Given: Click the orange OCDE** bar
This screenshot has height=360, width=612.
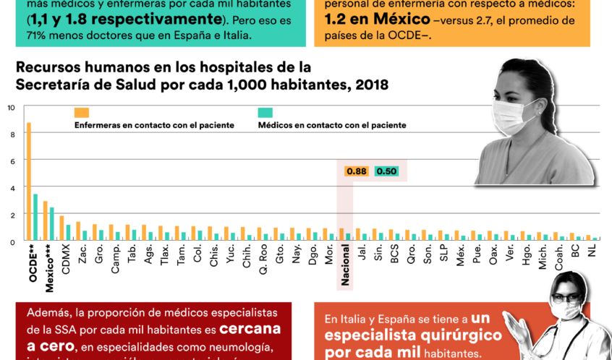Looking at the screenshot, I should click(x=29, y=181).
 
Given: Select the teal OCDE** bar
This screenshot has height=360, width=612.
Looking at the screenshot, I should click(x=35, y=217).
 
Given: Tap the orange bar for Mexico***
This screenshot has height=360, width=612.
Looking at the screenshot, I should click(x=46, y=220).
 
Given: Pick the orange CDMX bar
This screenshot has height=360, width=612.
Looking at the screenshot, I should click(x=62, y=228).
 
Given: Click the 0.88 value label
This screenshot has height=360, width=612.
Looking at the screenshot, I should click(x=357, y=171).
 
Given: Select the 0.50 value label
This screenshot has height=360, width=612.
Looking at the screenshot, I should click(x=387, y=171).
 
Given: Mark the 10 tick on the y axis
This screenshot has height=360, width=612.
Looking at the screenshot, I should click(x=10, y=108).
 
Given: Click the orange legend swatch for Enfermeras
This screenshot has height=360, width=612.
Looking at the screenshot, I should click(x=81, y=113).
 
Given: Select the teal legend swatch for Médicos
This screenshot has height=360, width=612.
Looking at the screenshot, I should click(x=265, y=113).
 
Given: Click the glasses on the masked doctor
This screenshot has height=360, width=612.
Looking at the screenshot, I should click(x=566, y=297).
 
